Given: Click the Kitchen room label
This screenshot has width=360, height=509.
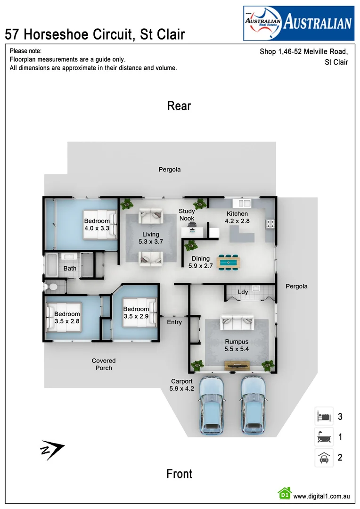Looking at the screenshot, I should [237, 214].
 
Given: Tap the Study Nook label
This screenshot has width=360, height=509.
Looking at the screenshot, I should [187, 214].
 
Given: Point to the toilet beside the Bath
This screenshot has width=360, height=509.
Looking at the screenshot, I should [51, 286].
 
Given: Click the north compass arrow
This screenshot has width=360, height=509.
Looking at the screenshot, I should [51, 450].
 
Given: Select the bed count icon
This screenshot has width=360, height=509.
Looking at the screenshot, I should [324, 417].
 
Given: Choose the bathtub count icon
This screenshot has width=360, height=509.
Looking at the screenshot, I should [324, 437].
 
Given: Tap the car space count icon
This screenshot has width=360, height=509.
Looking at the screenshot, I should [324, 458].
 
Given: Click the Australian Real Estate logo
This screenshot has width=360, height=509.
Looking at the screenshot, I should [298, 23].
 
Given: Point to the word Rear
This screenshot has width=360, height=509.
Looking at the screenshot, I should [179, 106].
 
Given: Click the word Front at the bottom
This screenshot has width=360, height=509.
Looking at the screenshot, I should [179, 474].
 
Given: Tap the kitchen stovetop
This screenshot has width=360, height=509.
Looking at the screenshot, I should [270, 225].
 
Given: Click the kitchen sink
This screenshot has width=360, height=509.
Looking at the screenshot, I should [244, 203].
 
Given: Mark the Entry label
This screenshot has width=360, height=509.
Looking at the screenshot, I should [174, 322].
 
